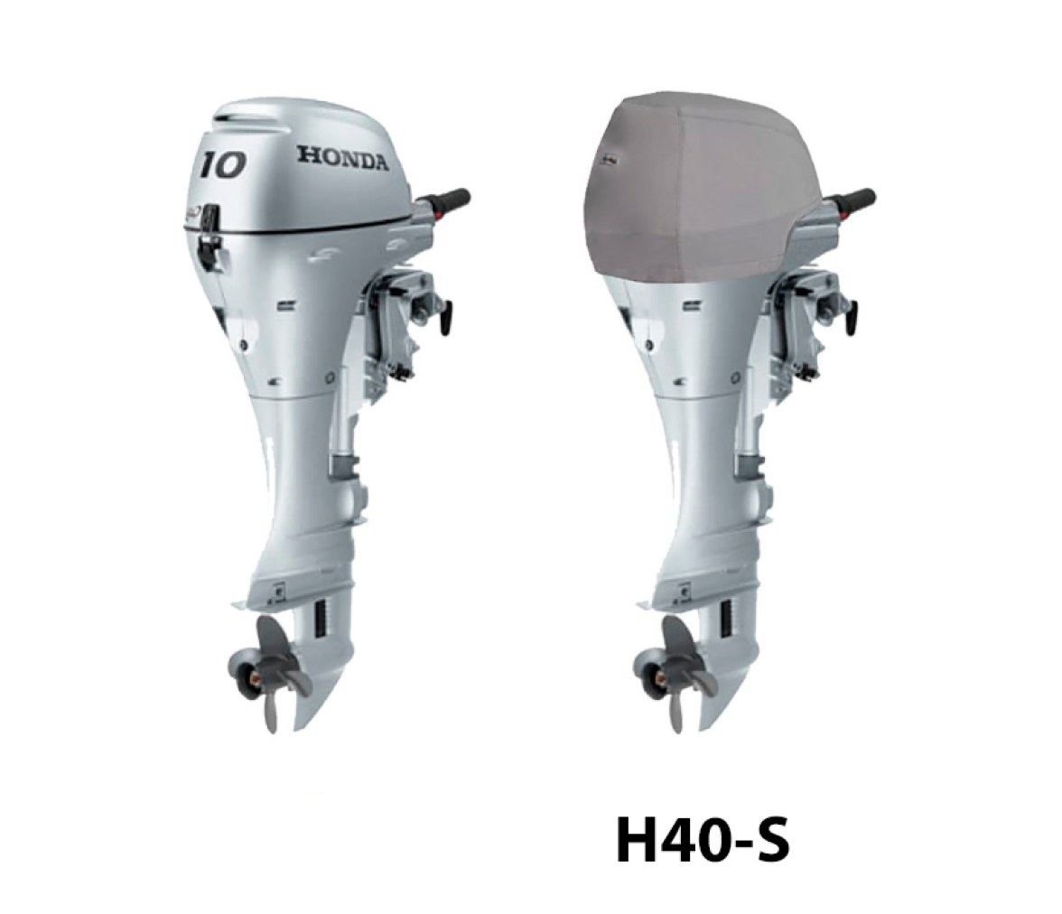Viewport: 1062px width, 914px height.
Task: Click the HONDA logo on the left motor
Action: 343,159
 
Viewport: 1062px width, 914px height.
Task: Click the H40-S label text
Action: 703,841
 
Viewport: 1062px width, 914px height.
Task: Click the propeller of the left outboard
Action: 267,668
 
